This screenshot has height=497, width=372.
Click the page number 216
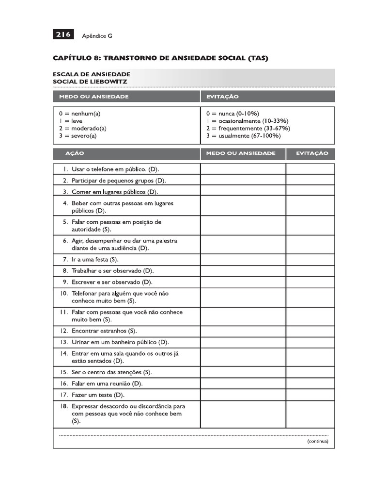[x=63, y=34]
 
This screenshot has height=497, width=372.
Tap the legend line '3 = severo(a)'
[x=77, y=136]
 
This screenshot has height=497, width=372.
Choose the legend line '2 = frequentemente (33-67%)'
[x=248, y=129]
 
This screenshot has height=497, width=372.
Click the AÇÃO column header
[x=75, y=153]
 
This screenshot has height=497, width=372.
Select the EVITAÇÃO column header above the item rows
[x=310, y=153]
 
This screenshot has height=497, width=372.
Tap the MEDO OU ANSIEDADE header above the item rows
[x=241, y=153]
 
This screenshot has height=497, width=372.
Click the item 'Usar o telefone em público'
[x=115, y=169]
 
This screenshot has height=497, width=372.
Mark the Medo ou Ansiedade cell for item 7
[x=243, y=260]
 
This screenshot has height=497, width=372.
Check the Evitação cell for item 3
[x=310, y=192]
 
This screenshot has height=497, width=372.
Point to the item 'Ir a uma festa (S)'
[x=95, y=260]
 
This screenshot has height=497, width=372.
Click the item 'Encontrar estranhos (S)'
[x=104, y=331]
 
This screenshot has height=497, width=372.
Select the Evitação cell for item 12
[x=310, y=331]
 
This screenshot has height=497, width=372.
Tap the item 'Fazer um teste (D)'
[x=98, y=395]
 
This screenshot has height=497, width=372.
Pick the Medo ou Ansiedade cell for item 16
[x=243, y=383]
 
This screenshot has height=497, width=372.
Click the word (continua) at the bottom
[x=317, y=442]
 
